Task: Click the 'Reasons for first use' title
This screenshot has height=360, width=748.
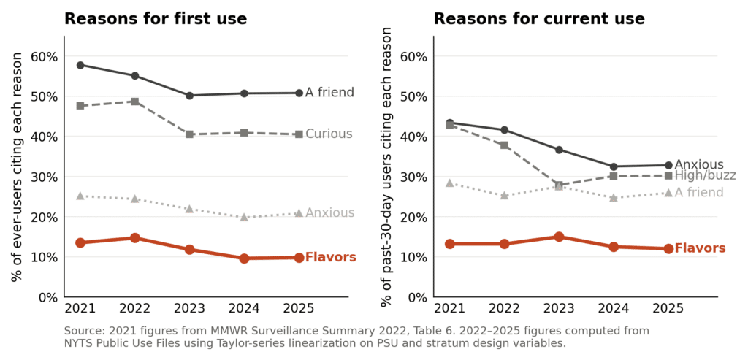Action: (x=156, y=18)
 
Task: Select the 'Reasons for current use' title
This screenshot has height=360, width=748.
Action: (x=539, y=18)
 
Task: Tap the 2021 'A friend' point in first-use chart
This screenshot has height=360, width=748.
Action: (x=80, y=65)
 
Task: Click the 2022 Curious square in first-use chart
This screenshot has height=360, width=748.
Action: (x=135, y=102)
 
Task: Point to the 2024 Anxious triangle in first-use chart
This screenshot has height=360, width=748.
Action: (x=244, y=217)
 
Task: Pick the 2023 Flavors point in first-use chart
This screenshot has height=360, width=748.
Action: (x=189, y=250)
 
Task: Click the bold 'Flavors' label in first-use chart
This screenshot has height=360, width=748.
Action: (x=331, y=258)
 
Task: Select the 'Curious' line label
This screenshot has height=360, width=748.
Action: (x=329, y=134)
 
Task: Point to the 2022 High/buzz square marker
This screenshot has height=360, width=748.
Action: (x=504, y=145)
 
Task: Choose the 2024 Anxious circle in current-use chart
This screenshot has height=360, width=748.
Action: (x=614, y=166)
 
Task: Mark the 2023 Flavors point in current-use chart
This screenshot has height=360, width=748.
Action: (x=559, y=237)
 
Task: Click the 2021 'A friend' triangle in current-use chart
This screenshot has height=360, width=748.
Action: (x=450, y=183)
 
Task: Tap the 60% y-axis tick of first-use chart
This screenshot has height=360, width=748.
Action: (x=45, y=57)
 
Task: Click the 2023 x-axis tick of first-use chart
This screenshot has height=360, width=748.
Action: (x=189, y=308)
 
